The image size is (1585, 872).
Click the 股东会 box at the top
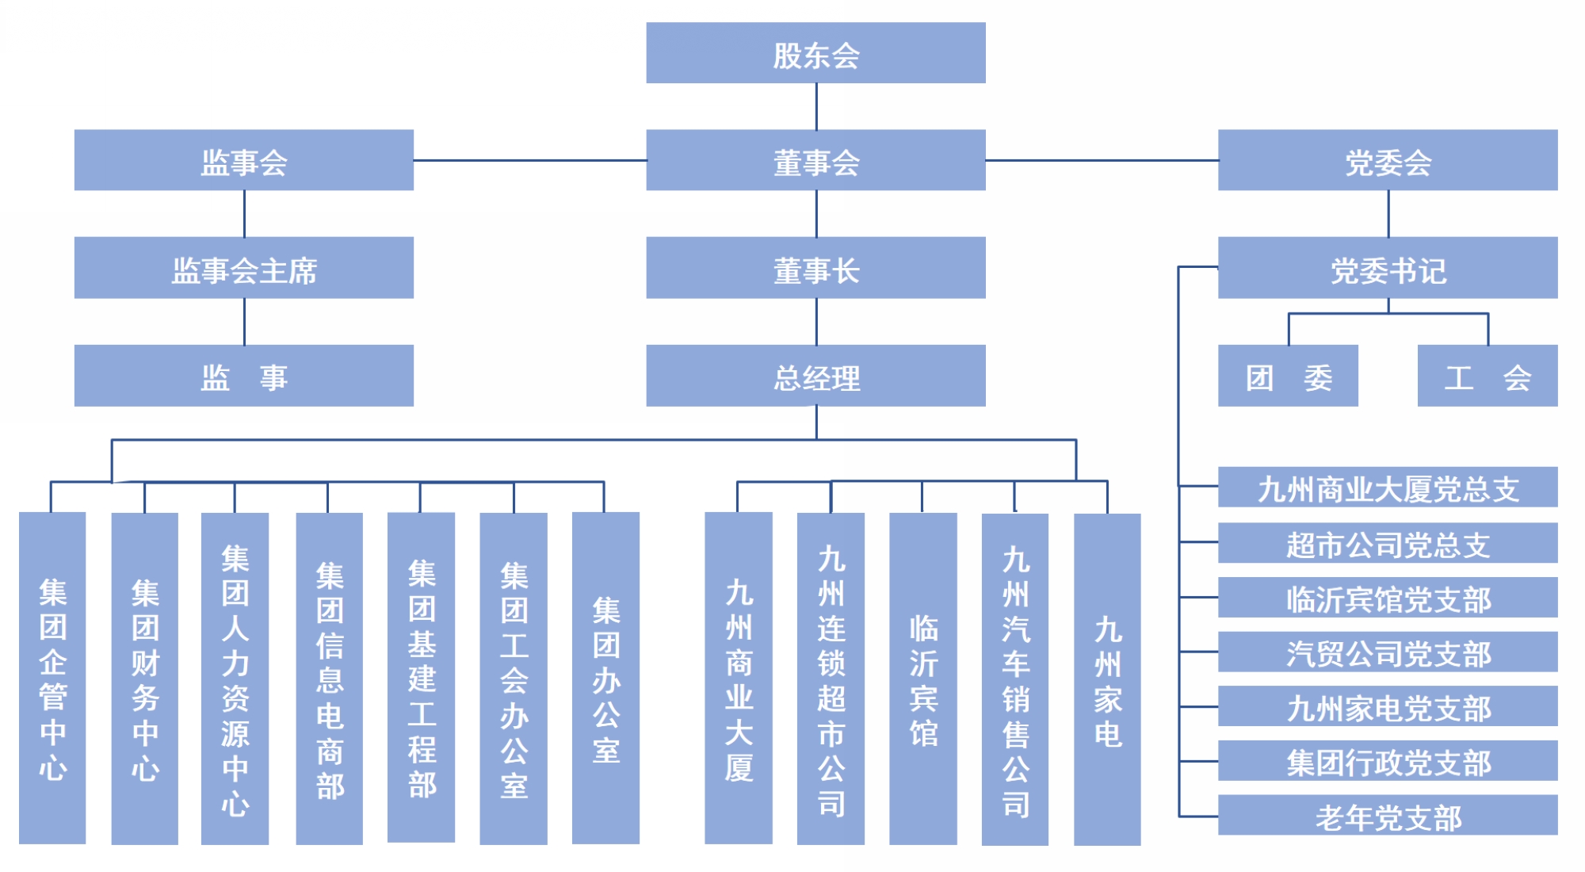tap(815, 53)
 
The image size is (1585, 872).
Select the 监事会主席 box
tap(244, 268)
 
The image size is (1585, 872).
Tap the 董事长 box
tap(815, 268)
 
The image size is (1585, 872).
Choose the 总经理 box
tap(815, 376)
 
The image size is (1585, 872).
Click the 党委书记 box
tap(1388, 268)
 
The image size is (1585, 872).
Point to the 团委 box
tap(1288, 376)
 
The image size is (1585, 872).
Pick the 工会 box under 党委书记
tap(1488, 376)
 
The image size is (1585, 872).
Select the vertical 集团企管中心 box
tap(52, 678)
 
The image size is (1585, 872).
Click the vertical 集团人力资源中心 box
tap(235, 678)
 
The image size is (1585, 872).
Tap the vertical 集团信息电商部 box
tap(330, 678)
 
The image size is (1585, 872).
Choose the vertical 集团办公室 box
tap(605, 678)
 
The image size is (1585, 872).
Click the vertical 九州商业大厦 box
tap(739, 678)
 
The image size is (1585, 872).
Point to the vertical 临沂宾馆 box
tap(923, 678)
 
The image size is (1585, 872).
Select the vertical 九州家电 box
tap(1107, 678)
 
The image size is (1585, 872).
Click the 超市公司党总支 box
tap(1388, 543)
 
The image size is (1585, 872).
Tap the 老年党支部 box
tap(1388, 816)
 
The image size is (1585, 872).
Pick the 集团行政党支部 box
tap(1388, 761)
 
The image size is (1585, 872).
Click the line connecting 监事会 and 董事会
tap(529, 160)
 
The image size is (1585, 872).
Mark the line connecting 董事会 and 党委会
tap(1102, 160)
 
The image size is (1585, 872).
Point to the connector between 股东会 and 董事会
tap(816, 106)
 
